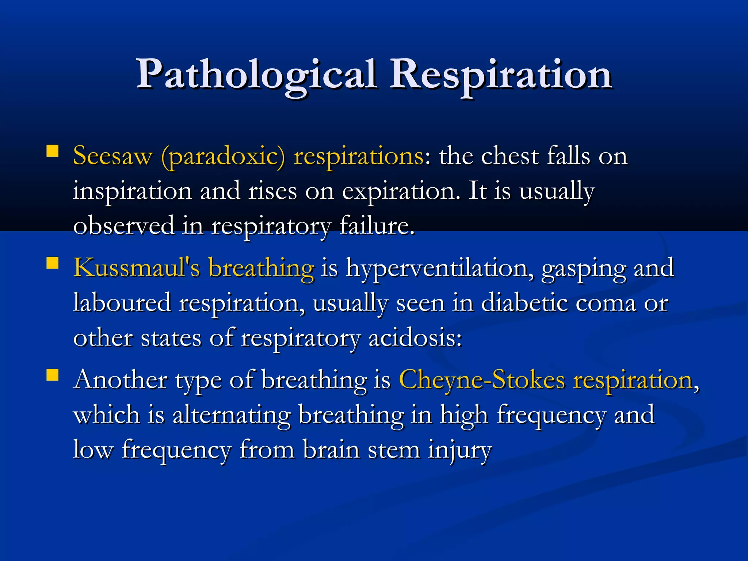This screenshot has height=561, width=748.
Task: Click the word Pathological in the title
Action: (x=256, y=75)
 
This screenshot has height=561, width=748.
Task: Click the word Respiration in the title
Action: (x=501, y=75)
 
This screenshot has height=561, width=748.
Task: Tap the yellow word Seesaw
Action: (x=112, y=156)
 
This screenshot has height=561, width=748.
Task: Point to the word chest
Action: (x=510, y=156)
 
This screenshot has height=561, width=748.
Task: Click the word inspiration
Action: (x=132, y=191)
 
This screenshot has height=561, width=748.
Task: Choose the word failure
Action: (x=377, y=225)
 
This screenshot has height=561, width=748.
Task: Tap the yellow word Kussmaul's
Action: (x=137, y=267)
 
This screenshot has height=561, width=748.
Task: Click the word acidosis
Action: (x=415, y=337)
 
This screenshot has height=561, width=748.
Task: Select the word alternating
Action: (x=232, y=415)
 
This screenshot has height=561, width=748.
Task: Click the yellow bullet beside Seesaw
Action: (x=53, y=151)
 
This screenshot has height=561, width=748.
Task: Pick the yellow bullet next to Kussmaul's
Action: (x=53, y=263)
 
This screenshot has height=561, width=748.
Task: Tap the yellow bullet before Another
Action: (x=53, y=375)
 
